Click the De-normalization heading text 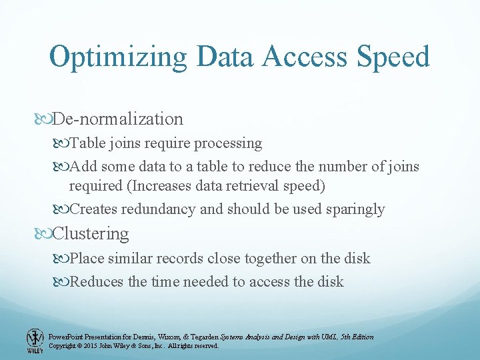point(117,119)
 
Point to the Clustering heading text point(91,234)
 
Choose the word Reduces point(96,282)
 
